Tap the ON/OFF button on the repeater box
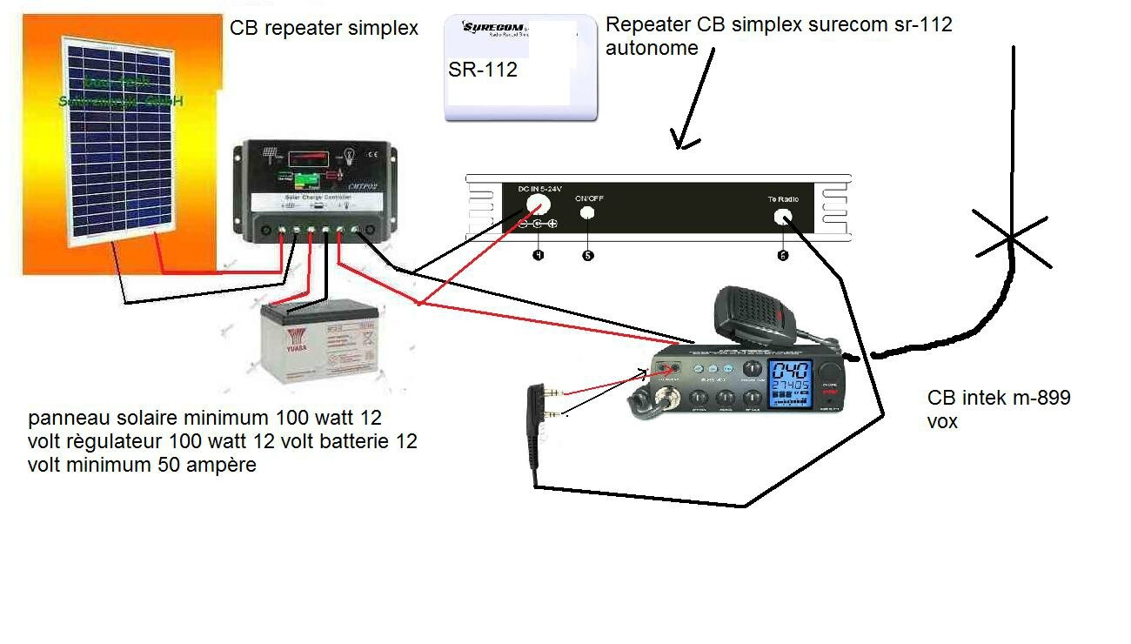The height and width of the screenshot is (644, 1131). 588,212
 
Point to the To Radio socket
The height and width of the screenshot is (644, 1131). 783,218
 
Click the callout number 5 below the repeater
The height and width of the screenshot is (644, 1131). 588,256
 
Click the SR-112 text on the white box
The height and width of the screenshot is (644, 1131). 483,70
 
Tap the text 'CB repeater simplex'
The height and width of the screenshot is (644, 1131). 324,28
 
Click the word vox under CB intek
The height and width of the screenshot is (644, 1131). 942,421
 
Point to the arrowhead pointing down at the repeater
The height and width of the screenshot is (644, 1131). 683,139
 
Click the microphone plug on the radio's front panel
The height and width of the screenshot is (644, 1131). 670,401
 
